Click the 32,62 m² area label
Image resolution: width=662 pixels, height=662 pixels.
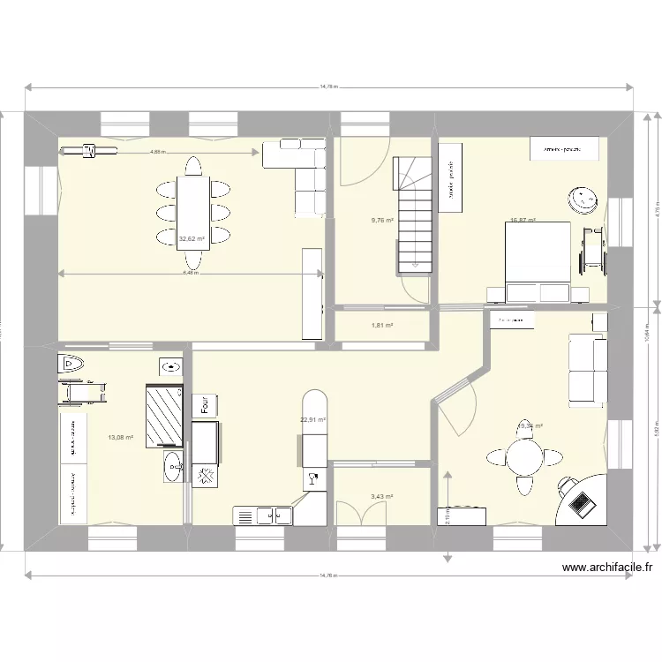(x=192, y=238)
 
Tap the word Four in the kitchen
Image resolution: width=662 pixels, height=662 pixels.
(x=204, y=404)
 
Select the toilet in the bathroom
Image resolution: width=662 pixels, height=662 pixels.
(x=71, y=364)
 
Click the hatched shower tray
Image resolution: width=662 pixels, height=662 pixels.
(x=164, y=417)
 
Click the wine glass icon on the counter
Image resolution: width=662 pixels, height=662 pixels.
(x=313, y=479)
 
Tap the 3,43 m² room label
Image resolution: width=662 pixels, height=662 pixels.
(x=381, y=497)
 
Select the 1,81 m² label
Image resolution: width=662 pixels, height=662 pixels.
(x=381, y=326)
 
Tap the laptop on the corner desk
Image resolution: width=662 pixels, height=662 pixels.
(x=582, y=502)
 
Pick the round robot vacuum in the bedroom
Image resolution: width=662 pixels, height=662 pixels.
(x=582, y=199)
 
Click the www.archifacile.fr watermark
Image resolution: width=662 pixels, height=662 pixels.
(x=598, y=569)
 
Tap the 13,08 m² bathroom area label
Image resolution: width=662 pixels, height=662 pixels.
(x=120, y=437)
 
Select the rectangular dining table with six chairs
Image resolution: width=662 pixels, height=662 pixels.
(x=192, y=212)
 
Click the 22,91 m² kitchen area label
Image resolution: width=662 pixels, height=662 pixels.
(x=313, y=421)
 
